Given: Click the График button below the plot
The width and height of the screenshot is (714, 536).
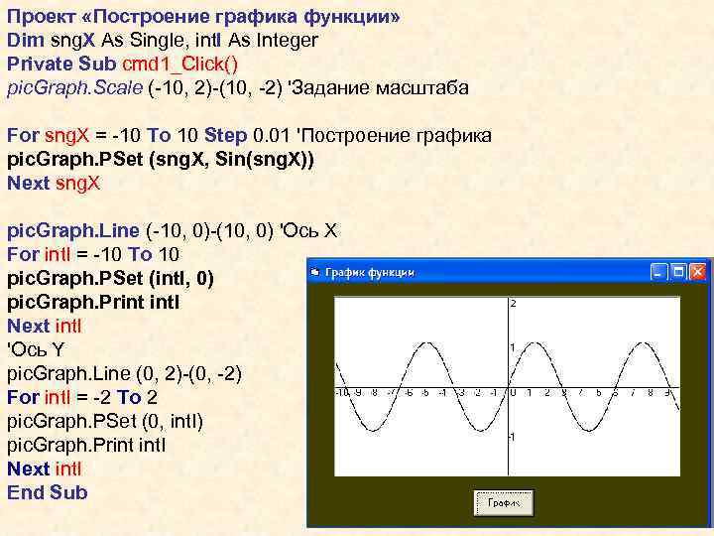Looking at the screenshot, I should tap(505, 502).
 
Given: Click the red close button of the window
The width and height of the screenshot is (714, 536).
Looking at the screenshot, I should tap(698, 270).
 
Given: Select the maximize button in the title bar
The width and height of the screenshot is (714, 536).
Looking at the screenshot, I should tap(680, 270).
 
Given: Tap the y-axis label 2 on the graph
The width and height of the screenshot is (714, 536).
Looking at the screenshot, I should tap(514, 303).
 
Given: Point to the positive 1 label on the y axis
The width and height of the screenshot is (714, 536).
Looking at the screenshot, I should tap(514, 347).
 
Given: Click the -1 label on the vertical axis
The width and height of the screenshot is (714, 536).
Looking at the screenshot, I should tap(512, 437).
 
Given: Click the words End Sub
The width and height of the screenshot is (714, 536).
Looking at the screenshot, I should tap(48, 492).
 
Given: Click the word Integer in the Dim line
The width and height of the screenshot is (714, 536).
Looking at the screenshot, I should tap(283, 41).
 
